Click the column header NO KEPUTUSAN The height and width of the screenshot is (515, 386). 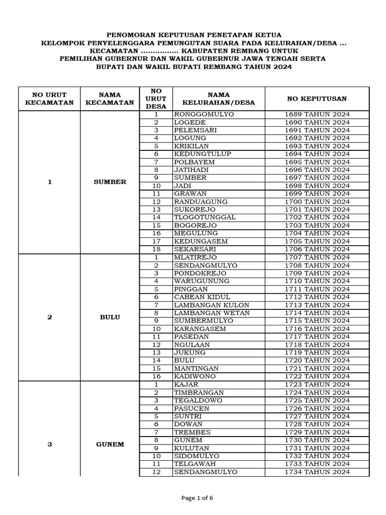317,99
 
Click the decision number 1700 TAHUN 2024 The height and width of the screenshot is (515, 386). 317,202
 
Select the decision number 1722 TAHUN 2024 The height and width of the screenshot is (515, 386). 317,376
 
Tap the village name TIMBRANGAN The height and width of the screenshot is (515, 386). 199,392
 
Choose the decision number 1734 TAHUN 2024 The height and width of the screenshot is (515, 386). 317,472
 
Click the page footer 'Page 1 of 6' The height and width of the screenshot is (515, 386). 197,498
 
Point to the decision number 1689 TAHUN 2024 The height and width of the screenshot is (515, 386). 317,114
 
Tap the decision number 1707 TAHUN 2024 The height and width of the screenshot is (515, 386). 317,257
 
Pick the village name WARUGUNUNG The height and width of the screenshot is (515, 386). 202,281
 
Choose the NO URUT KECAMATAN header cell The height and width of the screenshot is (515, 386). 49,99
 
